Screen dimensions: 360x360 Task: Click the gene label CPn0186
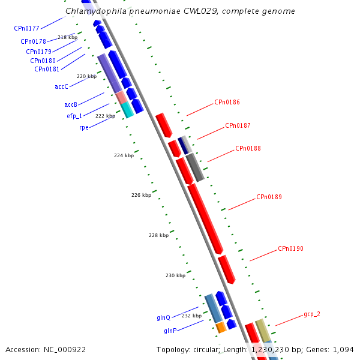click(227, 103)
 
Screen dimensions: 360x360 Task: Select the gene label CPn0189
click(269, 197)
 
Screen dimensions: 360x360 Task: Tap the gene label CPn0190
click(290, 249)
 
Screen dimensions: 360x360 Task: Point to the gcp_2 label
click(312, 314)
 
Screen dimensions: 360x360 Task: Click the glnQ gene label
click(163, 318)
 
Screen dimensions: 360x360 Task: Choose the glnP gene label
click(170, 331)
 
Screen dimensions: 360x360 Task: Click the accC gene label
click(61, 87)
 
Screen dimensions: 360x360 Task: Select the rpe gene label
click(84, 128)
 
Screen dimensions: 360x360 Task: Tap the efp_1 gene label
click(74, 116)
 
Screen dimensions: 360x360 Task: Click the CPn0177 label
click(26, 29)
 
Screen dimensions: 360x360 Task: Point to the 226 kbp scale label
click(141, 196)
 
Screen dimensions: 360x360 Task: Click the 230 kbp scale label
click(175, 276)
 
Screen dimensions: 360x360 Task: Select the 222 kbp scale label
click(105, 116)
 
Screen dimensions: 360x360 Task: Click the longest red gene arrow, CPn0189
click(206, 218)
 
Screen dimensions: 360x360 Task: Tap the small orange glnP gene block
click(221, 327)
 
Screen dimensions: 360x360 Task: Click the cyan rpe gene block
click(127, 110)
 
